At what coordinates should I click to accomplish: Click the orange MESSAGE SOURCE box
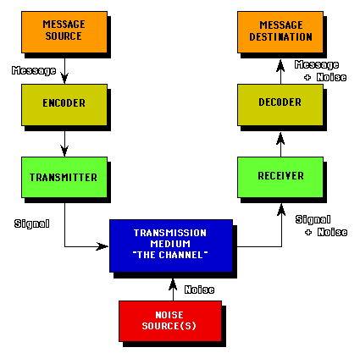click(64, 32)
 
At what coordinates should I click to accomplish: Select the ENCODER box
click(64, 105)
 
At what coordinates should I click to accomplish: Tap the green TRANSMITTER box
click(64, 177)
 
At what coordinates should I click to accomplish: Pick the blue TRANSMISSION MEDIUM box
click(171, 245)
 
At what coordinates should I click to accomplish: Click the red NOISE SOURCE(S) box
click(170, 321)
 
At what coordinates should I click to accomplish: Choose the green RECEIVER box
click(280, 177)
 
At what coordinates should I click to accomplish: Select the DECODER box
click(280, 105)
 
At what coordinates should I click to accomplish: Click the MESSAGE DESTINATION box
click(280, 32)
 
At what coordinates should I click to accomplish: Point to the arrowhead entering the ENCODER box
click(64, 78)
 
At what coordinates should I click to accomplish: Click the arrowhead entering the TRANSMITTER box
click(64, 151)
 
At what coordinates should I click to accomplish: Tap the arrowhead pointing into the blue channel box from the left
click(102, 246)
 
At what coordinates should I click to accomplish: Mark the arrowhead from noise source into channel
click(173, 284)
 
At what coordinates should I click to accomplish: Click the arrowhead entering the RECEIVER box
click(281, 209)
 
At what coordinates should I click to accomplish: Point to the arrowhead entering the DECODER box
click(280, 138)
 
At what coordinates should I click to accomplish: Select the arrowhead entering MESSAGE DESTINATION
click(280, 65)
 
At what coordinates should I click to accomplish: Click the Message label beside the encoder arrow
click(34, 70)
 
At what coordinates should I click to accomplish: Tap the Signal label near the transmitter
click(32, 223)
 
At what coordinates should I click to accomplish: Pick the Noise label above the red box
click(199, 290)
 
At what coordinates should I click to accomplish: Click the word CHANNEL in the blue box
click(180, 255)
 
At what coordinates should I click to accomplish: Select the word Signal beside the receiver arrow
click(313, 219)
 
